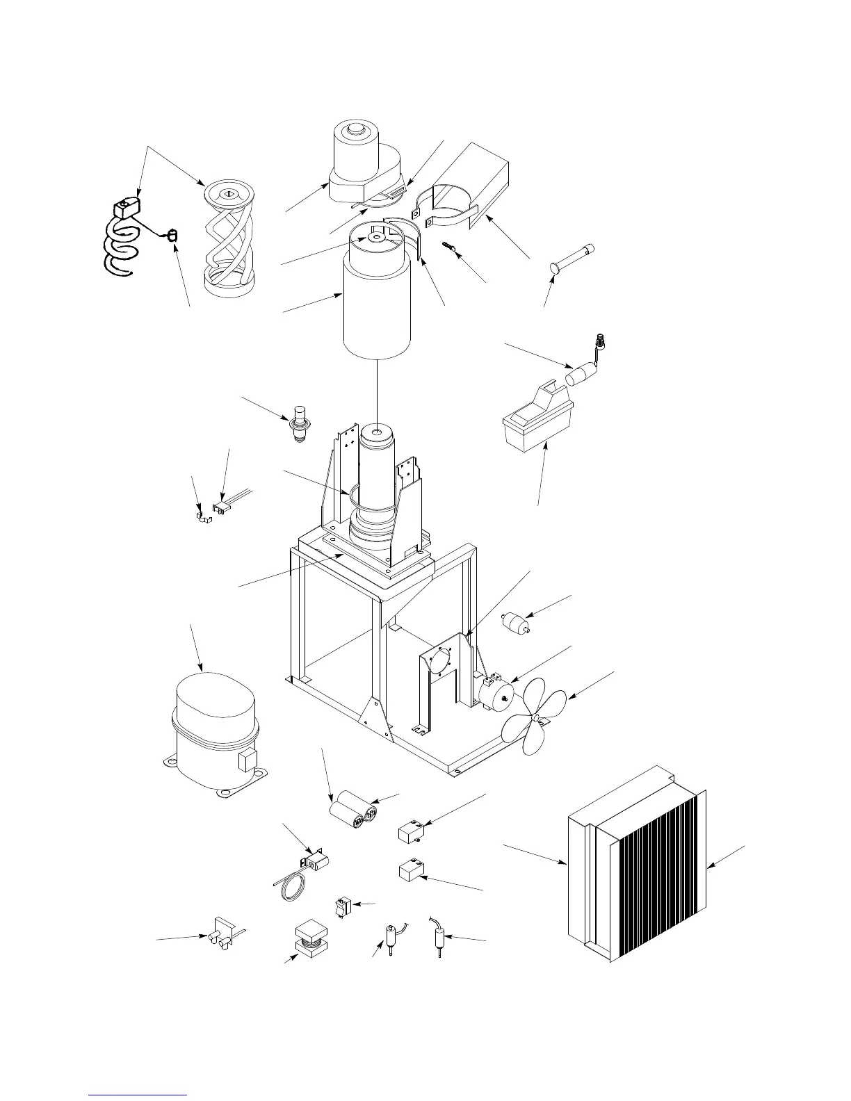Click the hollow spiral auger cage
(229, 236)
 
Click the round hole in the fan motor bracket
(439, 660)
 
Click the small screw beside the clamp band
(448, 247)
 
